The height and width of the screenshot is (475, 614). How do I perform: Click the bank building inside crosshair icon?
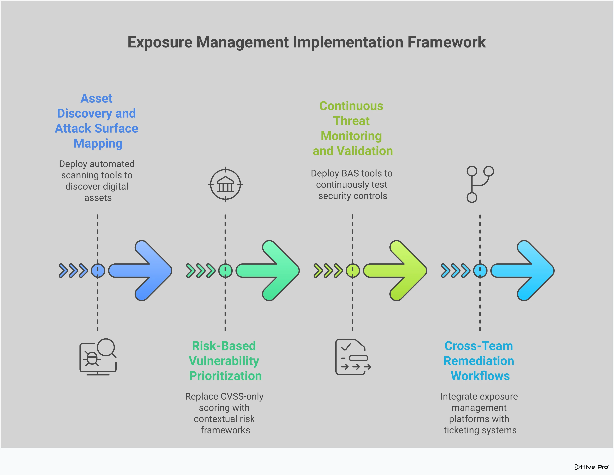[225, 185]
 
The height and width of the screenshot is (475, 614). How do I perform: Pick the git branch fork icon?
[480, 184]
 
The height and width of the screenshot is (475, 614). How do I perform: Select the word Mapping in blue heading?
[98, 143]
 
